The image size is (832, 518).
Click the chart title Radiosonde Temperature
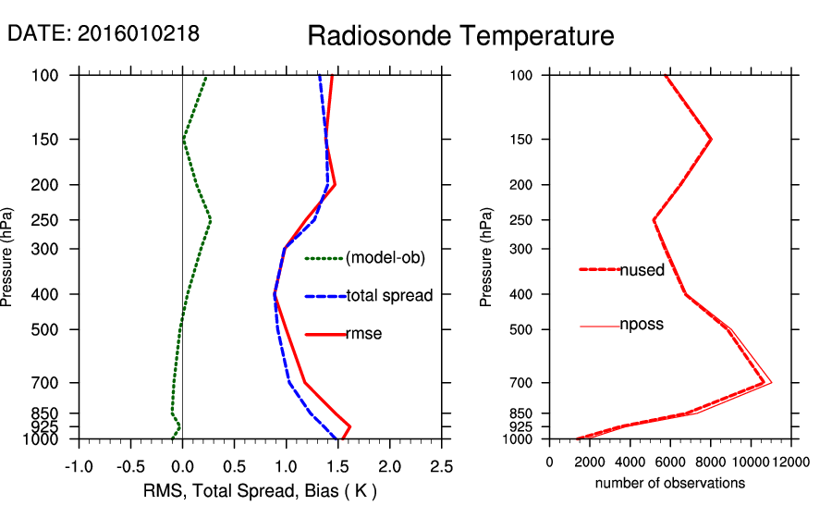[x=460, y=36]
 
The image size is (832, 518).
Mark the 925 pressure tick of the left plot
[x=52, y=426]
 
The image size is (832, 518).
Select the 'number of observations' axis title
[x=670, y=483]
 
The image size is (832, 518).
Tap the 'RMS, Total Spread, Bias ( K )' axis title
[x=259, y=489]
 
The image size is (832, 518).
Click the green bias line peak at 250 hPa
[x=211, y=220]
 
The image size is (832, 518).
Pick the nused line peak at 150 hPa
[x=711, y=139]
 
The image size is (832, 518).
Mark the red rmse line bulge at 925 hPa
[x=349, y=426]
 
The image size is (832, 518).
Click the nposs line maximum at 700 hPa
[x=771, y=382]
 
